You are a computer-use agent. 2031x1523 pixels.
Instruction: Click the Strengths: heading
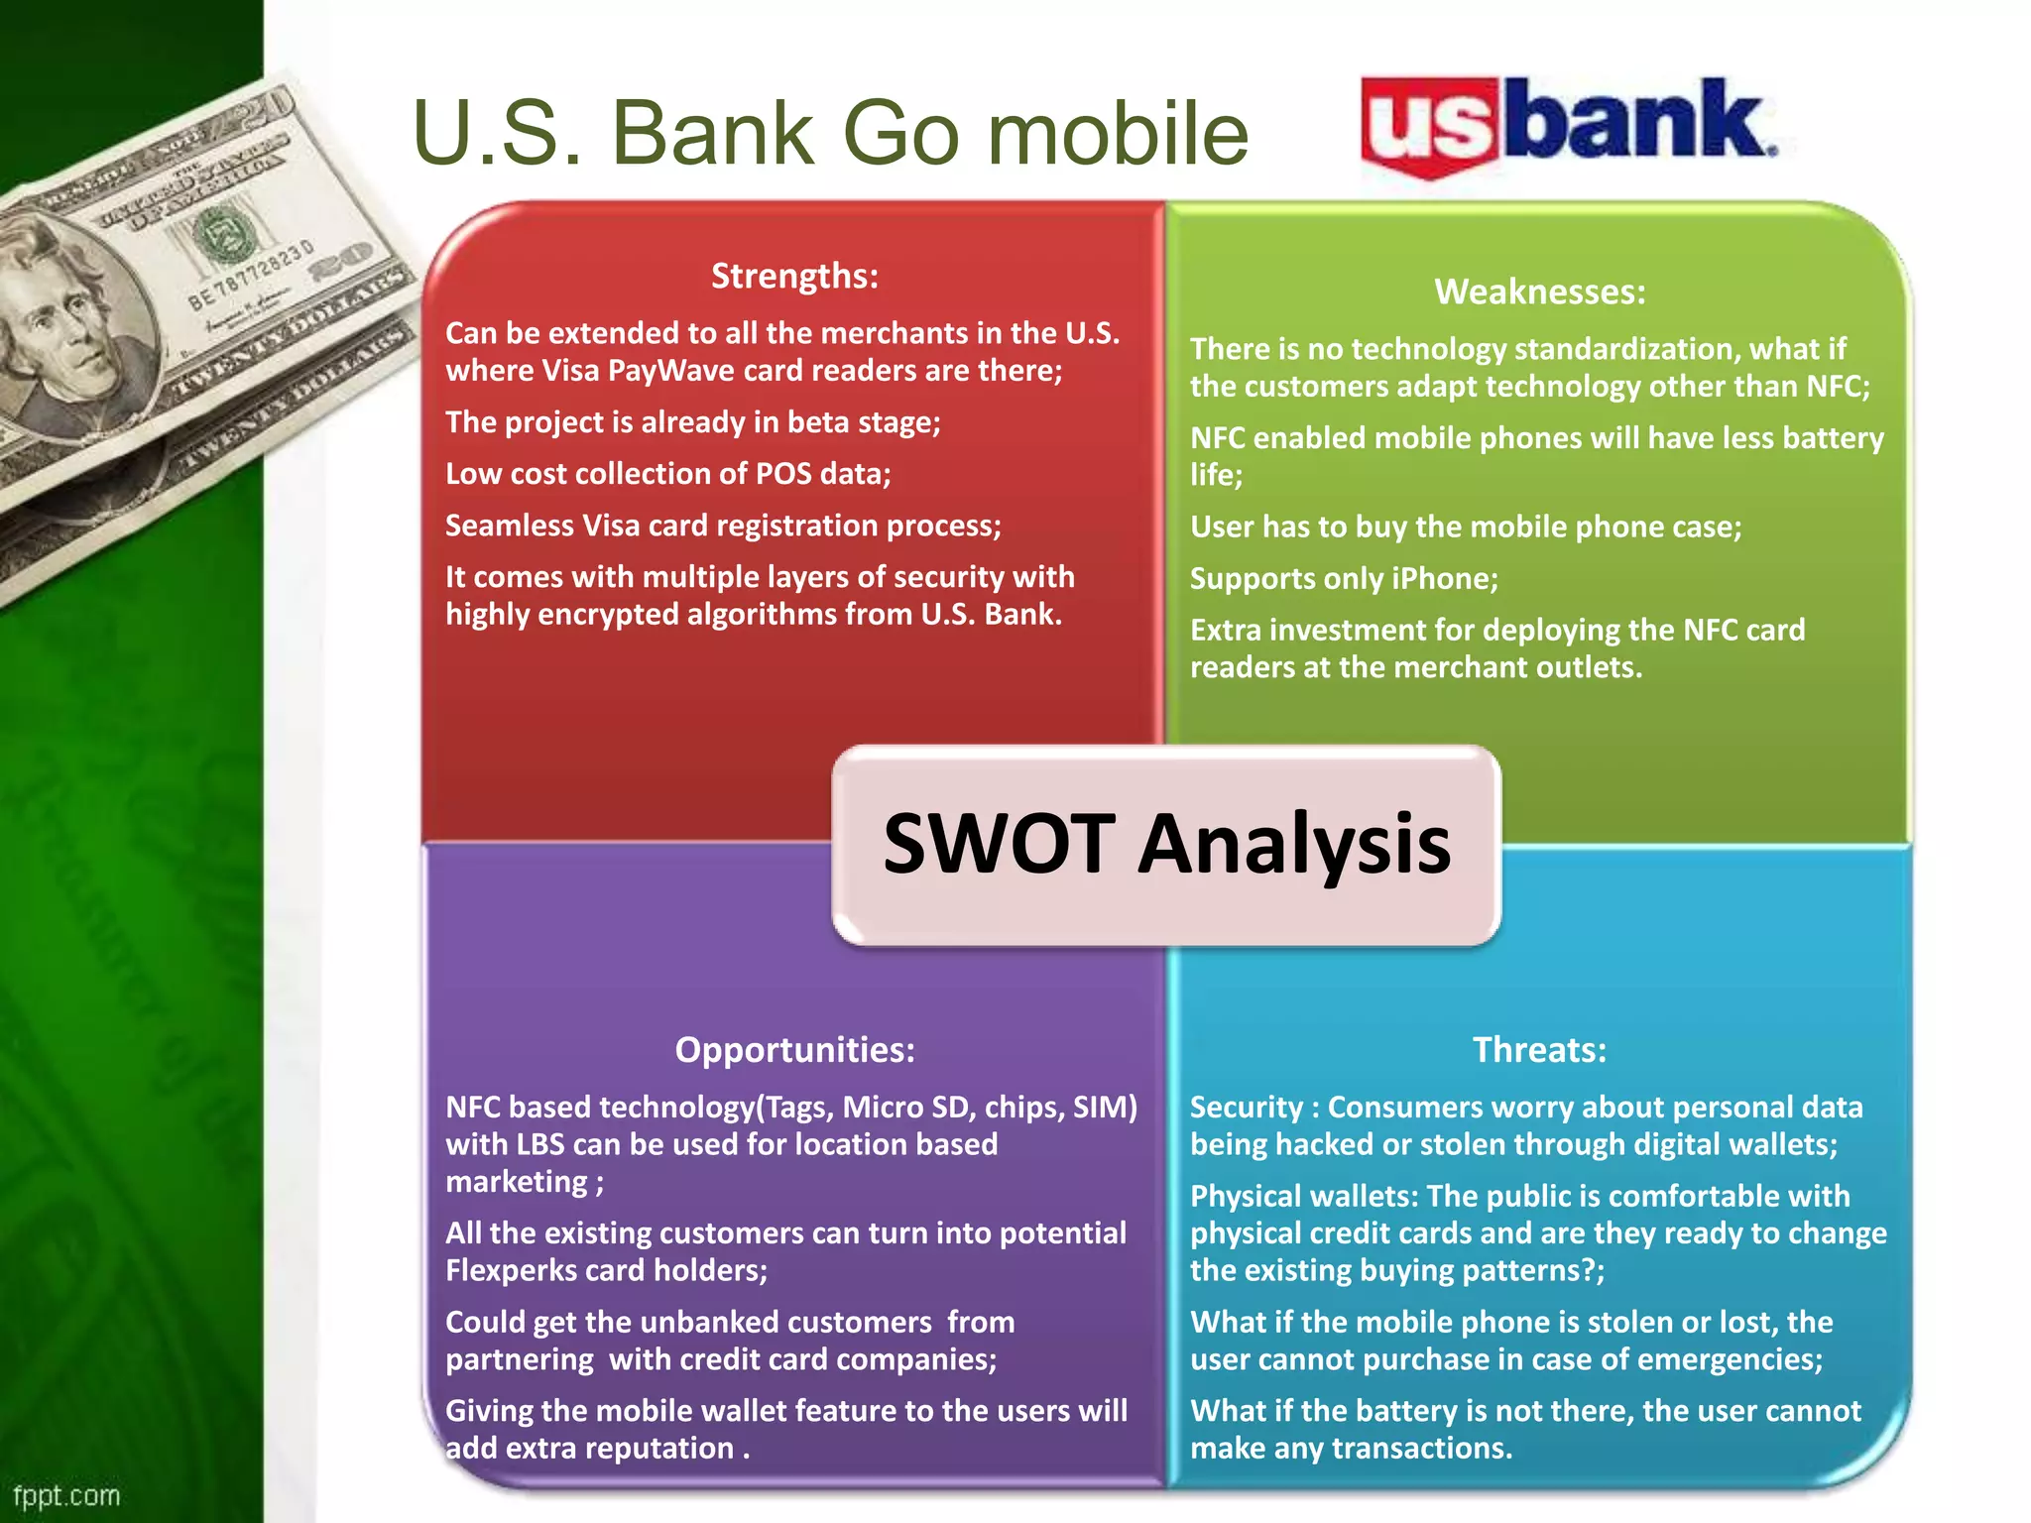(x=794, y=276)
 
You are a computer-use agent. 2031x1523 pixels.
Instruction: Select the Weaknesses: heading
(x=1539, y=292)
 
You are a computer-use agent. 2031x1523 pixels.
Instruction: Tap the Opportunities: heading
(x=794, y=1049)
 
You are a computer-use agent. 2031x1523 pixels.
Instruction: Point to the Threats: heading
(x=1539, y=1049)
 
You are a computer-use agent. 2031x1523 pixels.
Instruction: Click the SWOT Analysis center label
(x=1166, y=844)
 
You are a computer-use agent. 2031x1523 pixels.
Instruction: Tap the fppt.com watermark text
(x=66, y=1495)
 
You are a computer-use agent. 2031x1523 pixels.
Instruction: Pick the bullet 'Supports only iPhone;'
(x=1344, y=578)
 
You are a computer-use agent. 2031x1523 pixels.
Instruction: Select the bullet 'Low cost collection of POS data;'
(x=667, y=474)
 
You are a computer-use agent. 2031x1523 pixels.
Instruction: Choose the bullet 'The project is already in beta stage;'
(x=692, y=422)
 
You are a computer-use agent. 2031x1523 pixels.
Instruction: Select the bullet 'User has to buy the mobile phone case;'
(x=1465, y=527)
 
